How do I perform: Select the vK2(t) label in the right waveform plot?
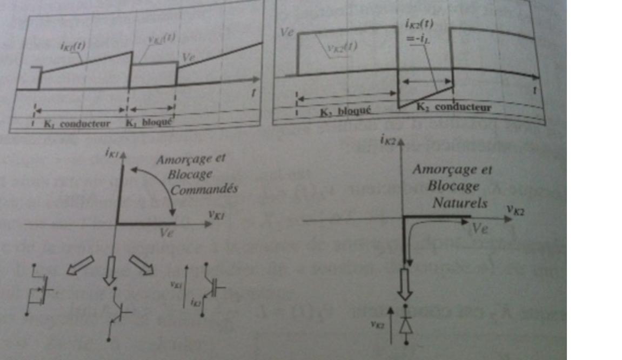(x=342, y=46)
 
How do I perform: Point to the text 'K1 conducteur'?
(x=77, y=124)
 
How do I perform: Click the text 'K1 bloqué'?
(x=149, y=122)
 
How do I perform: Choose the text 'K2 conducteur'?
(x=454, y=107)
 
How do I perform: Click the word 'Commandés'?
(x=204, y=190)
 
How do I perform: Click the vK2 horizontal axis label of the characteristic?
(x=516, y=209)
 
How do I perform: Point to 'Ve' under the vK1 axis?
(x=167, y=232)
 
